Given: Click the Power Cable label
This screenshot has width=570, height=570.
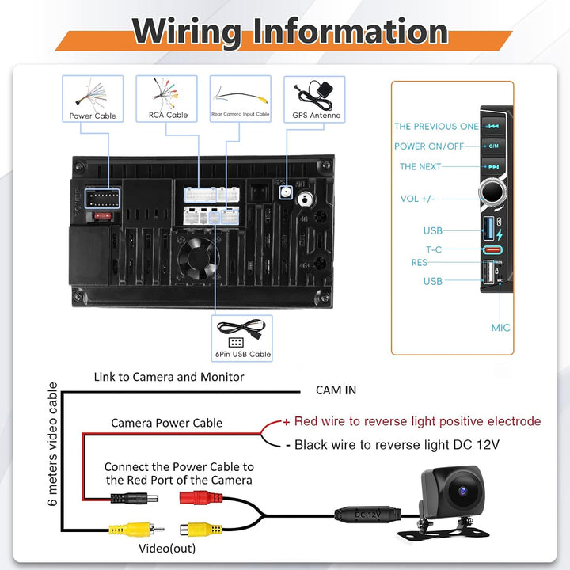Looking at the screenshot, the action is [x=93, y=116].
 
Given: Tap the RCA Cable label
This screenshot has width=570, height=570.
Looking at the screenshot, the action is [x=168, y=115].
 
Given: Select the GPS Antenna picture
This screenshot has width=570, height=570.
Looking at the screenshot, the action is [x=316, y=95].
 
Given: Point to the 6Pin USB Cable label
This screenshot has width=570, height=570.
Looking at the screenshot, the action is [x=243, y=354].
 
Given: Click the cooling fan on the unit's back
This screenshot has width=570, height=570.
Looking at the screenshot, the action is [x=198, y=258].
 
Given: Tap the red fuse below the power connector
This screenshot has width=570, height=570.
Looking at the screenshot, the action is [x=103, y=216].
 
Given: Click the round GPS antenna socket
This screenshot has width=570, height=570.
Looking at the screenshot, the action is [x=286, y=192].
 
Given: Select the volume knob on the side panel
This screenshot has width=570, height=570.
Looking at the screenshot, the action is [x=492, y=192].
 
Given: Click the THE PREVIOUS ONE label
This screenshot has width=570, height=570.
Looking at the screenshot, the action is [x=436, y=126].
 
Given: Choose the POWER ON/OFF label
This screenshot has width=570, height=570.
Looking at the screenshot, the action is [x=429, y=146].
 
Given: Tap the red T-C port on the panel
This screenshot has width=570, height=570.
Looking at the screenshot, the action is [x=492, y=249].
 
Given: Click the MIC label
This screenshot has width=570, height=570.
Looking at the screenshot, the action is [x=500, y=328].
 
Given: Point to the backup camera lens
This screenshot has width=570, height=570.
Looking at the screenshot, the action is [x=463, y=492].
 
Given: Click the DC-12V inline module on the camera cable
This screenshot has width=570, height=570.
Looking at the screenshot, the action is [x=367, y=515].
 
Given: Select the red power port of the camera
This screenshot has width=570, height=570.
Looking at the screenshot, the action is [x=201, y=497].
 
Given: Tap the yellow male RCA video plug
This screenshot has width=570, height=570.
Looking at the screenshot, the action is [x=136, y=530].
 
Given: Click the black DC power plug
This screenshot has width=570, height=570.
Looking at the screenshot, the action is [x=134, y=498].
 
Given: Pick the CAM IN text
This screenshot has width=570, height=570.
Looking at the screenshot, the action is [x=336, y=390].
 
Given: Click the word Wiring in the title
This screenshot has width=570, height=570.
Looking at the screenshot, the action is [x=187, y=32].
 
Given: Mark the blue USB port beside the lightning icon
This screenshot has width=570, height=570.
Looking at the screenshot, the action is [x=488, y=228].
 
